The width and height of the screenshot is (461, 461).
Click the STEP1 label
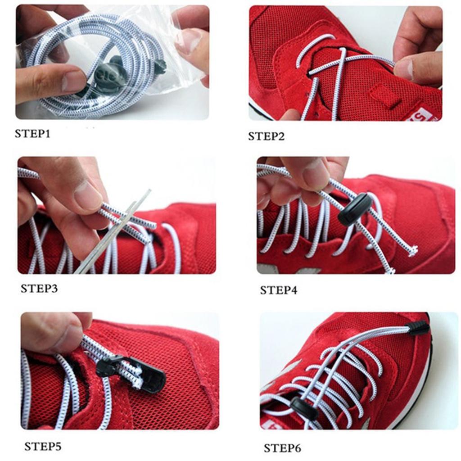point(32,134)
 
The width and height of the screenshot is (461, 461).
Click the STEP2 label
point(267,136)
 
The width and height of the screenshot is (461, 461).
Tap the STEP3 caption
point(39,289)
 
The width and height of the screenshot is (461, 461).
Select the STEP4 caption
point(278,290)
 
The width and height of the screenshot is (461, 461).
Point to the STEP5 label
point(43,446)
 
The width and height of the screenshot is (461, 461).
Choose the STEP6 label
point(282,448)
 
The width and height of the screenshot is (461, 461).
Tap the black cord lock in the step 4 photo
point(353,209)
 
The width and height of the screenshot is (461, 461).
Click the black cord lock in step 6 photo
point(305,408)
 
